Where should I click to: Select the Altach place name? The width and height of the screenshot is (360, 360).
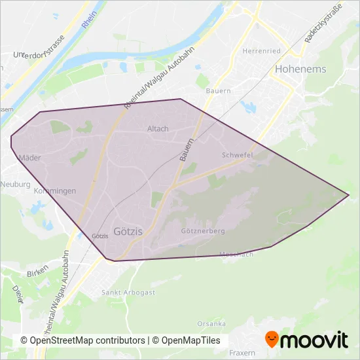pos(158,129)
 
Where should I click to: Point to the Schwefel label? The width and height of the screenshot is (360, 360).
pos(237,155)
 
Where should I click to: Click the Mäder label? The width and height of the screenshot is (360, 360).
pos(30,158)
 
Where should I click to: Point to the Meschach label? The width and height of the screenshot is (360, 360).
pos(236,253)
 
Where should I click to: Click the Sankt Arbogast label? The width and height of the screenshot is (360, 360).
pos(128,293)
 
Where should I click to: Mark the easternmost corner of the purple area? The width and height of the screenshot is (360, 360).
pos(349,194)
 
